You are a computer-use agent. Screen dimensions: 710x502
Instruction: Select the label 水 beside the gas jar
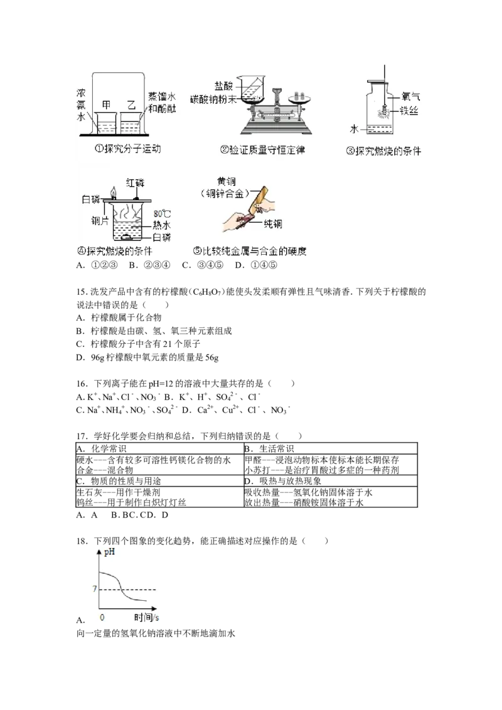355,129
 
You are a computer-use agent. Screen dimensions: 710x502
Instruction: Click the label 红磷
134,183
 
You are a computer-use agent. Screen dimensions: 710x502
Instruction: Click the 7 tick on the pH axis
94,589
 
